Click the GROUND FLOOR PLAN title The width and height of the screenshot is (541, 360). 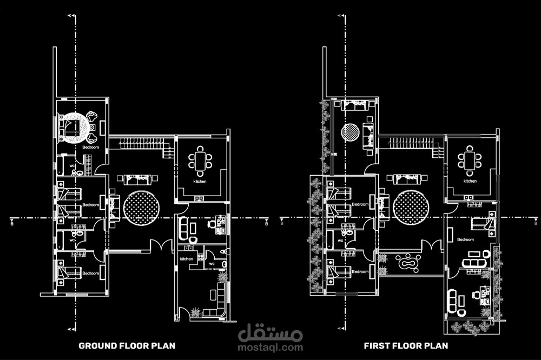pos(127,345)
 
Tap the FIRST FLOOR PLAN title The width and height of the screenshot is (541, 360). pos(406,345)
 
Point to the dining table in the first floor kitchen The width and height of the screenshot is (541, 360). pos(469,160)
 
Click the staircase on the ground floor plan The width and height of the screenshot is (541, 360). pos(141,144)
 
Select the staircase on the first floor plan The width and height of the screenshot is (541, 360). pos(411,143)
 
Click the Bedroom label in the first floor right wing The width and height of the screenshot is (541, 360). pos(465,239)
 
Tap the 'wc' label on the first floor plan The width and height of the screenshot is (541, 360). pos(341,240)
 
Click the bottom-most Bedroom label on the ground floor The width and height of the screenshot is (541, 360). pos(91,274)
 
